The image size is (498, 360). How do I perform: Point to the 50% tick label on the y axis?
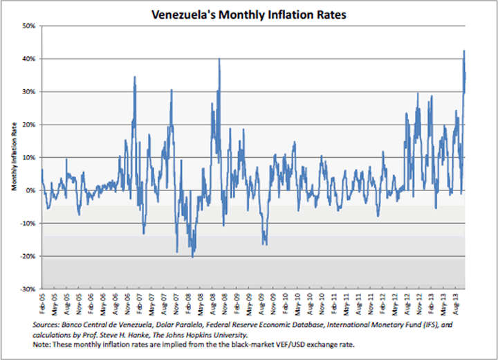[x=30, y=26]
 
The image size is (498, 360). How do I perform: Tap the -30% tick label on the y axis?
[x=28, y=289]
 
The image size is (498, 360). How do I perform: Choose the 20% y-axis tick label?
[x=30, y=125]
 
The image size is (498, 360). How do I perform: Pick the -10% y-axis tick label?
[x=28, y=223]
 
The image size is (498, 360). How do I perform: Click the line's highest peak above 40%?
[x=464, y=50]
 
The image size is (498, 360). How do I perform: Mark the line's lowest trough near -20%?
[x=192, y=257]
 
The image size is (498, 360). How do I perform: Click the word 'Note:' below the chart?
[x=41, y=345]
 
